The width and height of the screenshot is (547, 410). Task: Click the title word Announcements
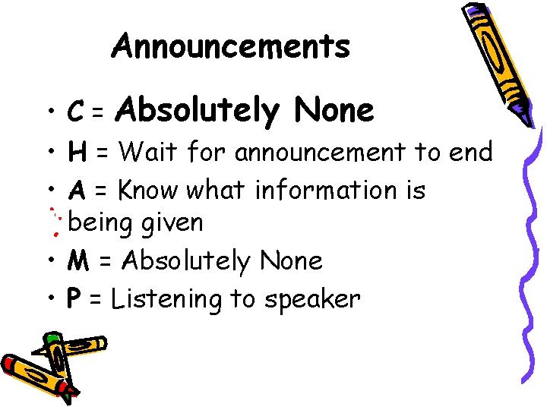231,46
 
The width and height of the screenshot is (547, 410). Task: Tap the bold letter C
75,113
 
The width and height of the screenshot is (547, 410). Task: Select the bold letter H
76,153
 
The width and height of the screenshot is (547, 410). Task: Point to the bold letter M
78,262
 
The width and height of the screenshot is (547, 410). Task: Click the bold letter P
74,299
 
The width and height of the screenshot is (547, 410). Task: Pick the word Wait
148,153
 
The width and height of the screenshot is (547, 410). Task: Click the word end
471,153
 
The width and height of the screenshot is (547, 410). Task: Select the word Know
152,190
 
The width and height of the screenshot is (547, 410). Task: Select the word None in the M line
291,262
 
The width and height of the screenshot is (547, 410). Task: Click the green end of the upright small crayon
52,338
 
